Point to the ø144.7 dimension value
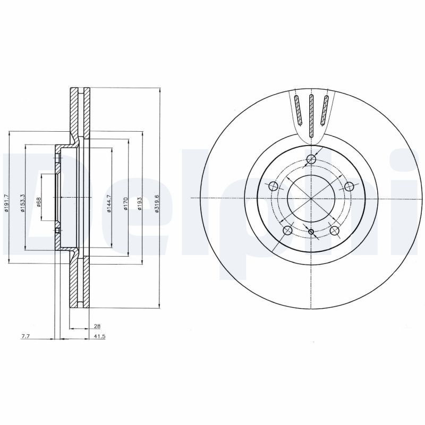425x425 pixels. pyautogui.click(x=108, y=204)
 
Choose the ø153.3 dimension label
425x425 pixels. pyautogui.click(x=22, y=203)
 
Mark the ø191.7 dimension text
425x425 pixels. pyautogui.click(x=6, y=203)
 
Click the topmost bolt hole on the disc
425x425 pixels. pyautogui.click(x=312, y=160)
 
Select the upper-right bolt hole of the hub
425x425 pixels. pyautogui.click(x=349, y=186)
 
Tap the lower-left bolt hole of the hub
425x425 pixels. pyautogui.click(x=288, y=230)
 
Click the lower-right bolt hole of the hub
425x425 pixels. pyautogui.click(x=335, y=231)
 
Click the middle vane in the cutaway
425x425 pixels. pyautogui.click(x=312, y=114)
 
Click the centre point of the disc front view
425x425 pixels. pyautogui.click(x=311, y=198)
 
